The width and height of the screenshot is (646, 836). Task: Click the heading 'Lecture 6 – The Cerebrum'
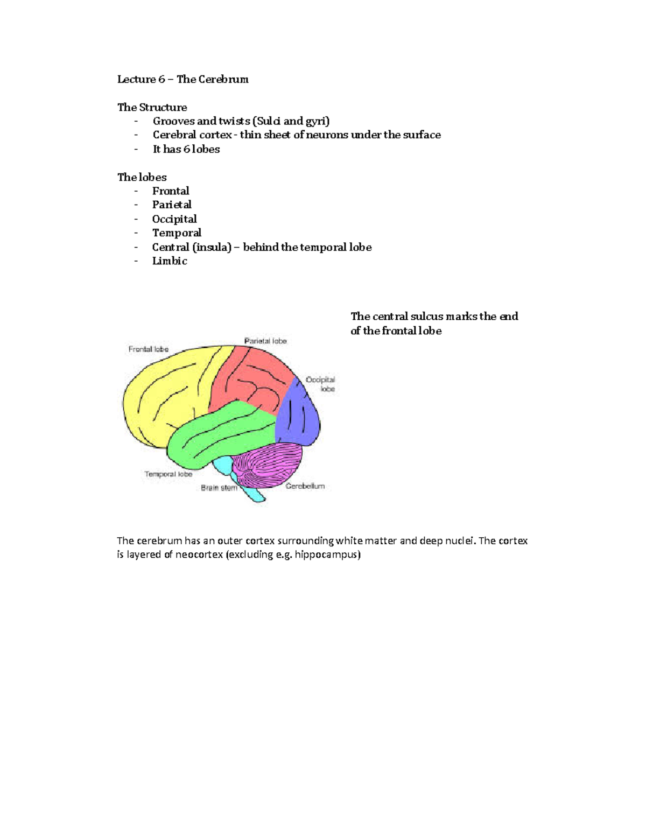(182, 79)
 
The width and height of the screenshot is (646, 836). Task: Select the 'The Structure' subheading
(152, 107)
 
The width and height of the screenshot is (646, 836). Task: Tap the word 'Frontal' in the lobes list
(171, 191)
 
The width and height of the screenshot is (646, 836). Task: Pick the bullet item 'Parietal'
(172, 205)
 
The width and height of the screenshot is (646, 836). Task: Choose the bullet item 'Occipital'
(174, 219)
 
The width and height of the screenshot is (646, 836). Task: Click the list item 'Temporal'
(177, 233)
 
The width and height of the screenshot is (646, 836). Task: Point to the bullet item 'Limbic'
(170, 261)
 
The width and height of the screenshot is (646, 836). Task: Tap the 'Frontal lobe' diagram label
(149, 349)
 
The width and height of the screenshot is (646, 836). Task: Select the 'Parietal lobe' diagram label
(265, 341)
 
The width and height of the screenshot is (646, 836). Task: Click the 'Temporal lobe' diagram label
(168, 474)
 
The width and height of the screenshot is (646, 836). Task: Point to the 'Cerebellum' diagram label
(305, 486)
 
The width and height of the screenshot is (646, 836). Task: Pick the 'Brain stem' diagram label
(219, 488)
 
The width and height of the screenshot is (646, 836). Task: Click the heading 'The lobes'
(142, 177)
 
